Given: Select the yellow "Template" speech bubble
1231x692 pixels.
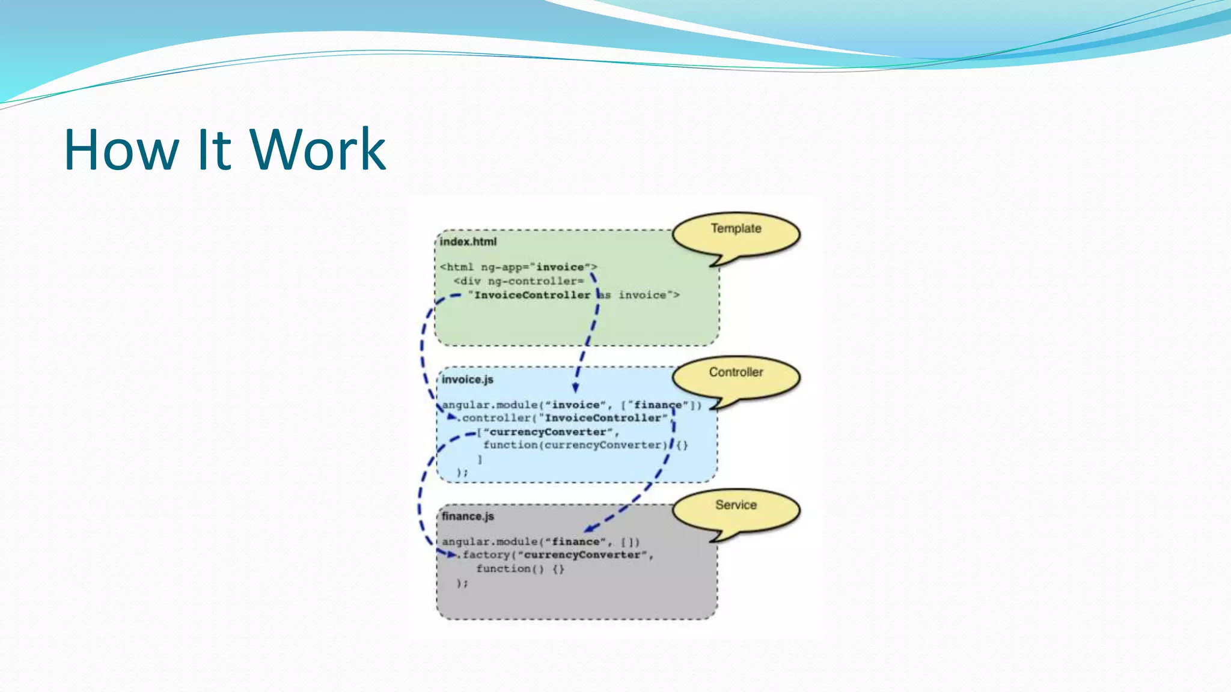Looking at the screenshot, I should tap(736, 234).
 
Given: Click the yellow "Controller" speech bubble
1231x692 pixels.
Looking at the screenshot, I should tap(736, 377).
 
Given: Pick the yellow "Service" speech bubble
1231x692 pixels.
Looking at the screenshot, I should tap(736, 510).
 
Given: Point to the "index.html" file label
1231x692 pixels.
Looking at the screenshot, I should tap(468, 241).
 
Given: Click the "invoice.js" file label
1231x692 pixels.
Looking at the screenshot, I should tap(468, 380).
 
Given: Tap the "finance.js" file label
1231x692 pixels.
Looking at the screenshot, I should tap(468, 516).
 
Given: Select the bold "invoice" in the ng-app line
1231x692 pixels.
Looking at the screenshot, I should tap(560, 267).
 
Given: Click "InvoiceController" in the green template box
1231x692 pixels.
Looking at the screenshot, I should tap(533, 295).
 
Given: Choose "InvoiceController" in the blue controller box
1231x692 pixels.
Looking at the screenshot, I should tap(603, 418).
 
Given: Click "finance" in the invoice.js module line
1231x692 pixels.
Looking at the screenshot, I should tap(658, 405).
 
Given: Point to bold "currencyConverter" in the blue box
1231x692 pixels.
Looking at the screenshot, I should tap(548, 432).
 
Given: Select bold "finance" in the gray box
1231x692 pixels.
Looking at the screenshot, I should tap(576, 542).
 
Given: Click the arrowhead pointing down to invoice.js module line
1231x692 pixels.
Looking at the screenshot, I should tap(576, 387).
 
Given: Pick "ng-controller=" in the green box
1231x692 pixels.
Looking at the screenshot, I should tap(536, 281).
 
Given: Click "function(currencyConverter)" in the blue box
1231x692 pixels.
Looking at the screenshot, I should tap(576, 445).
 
